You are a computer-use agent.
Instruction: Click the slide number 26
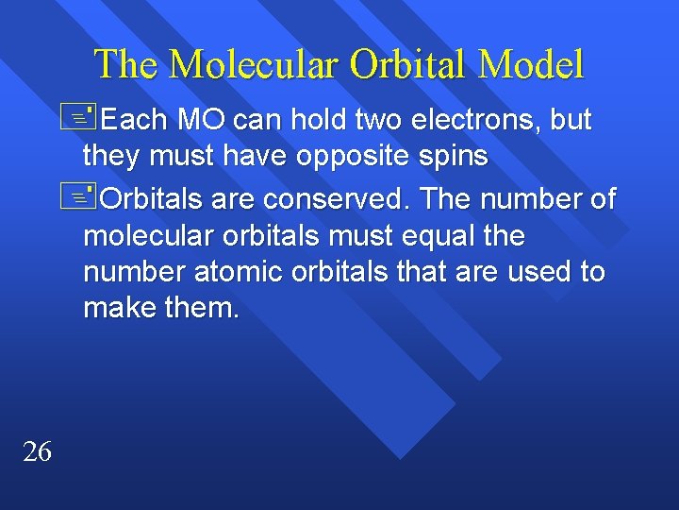(x=37, y=452)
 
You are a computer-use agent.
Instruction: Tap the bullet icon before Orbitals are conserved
(x=84, y=196)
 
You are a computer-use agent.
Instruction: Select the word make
(x=119, y=308)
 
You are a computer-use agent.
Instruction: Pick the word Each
(x=133, y=120)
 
